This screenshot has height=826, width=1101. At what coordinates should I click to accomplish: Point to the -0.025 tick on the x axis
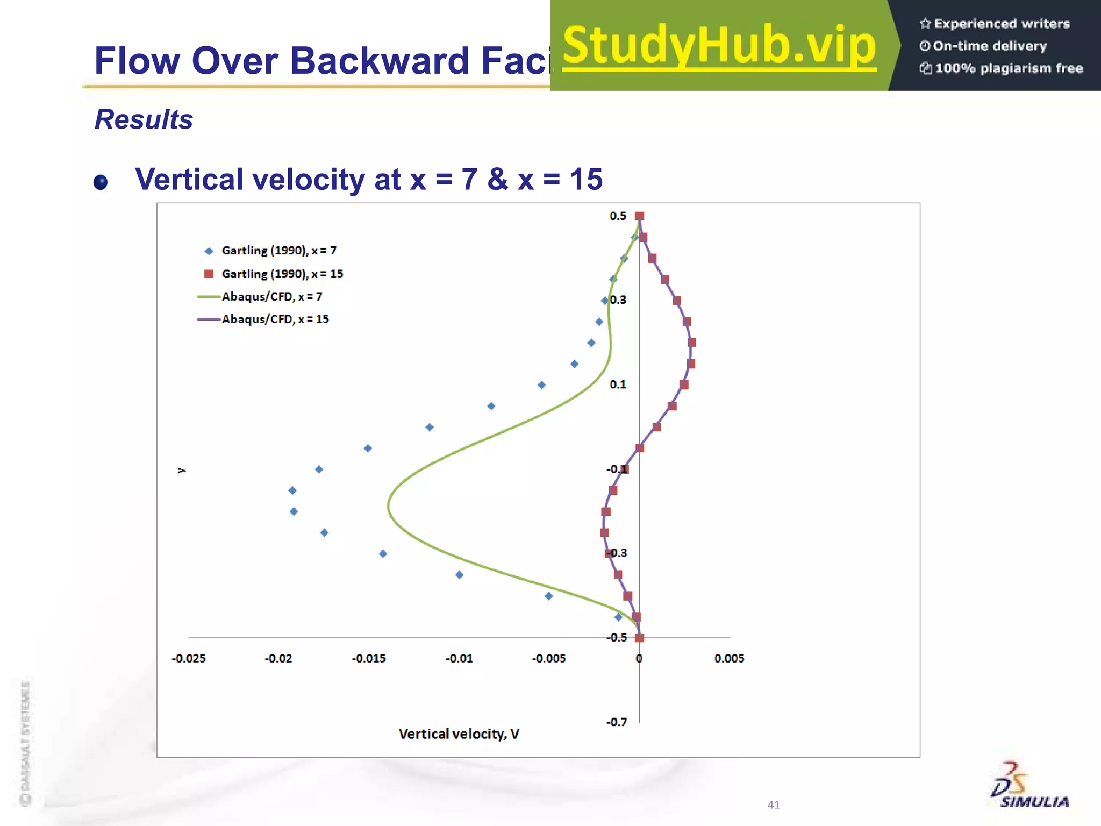tap(189, 658)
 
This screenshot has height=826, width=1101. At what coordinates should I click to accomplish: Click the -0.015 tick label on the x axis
tap(369, 658)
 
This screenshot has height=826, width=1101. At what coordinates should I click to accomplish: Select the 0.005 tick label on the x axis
tap(729, 658)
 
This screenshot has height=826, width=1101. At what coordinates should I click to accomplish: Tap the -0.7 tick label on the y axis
tap(617, 722)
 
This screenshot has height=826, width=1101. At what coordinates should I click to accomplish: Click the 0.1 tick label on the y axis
tap(618, 384)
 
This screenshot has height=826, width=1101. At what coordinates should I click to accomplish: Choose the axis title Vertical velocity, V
tap(459, 734)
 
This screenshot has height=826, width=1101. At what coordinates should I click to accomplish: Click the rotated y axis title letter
tap(181, 471)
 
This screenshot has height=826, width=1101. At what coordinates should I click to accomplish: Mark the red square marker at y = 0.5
tap(639, 216)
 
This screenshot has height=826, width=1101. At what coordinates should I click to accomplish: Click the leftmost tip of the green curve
tap(389, 505)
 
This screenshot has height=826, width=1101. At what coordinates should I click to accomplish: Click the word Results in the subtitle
tap(144, 119)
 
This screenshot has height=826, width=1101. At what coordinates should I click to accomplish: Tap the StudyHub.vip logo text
tap(719, 46)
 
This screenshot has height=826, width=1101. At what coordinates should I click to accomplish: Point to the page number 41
tap(773, 804)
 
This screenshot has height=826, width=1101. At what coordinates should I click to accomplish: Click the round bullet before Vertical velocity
tap(101, 182)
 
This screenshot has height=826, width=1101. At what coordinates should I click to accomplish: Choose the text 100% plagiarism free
tap(1008, 68)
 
